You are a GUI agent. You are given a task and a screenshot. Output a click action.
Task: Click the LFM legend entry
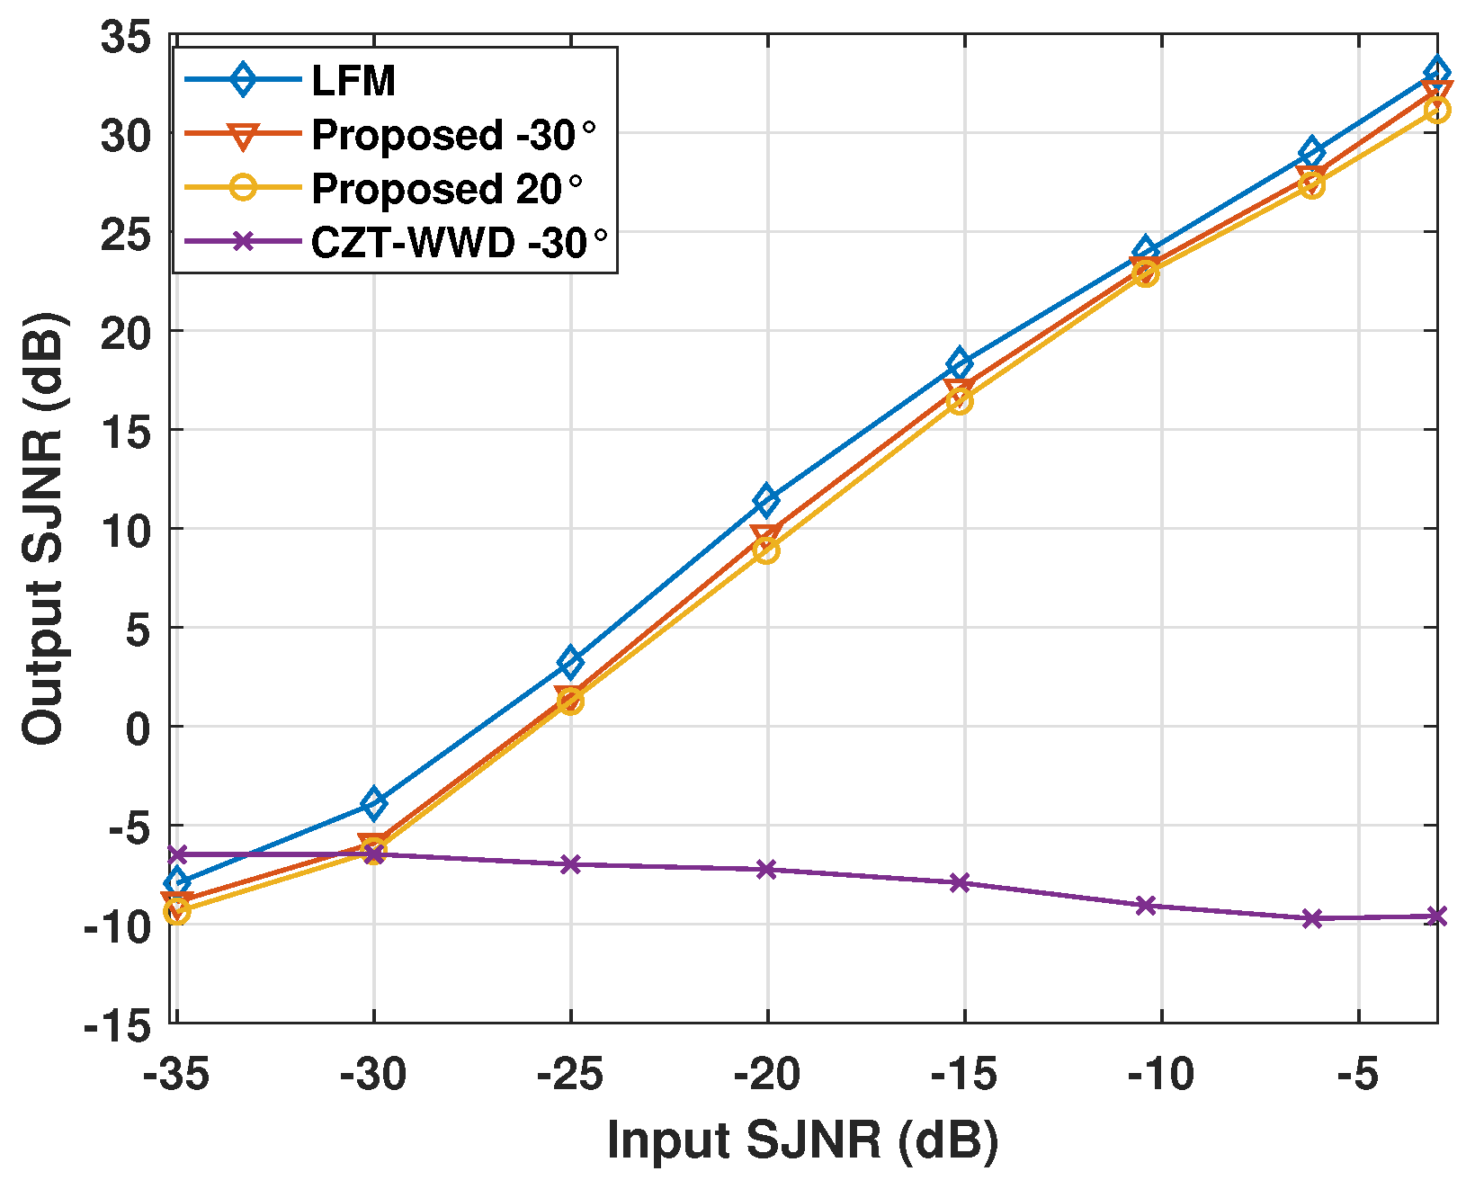(353, 81)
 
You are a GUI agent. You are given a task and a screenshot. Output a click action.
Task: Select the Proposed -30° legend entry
(453, 135)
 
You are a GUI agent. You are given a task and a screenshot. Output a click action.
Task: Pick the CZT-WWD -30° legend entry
(460, 243)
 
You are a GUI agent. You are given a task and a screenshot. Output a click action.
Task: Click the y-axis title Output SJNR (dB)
(43, 528)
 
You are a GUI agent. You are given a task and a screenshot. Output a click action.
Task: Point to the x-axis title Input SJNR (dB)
(802, 1140)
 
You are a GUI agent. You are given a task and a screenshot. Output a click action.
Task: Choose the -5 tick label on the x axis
(1357, 1074)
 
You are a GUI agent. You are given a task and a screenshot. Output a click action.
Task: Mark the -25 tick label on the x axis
(570, 1074)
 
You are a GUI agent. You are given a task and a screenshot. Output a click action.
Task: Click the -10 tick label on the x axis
(1161, 1074)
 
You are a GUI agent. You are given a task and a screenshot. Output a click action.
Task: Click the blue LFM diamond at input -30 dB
(374, 802)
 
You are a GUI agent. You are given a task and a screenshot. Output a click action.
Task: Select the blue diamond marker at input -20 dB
(766, 499)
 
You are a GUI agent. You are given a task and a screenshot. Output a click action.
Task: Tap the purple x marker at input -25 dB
(570, 864)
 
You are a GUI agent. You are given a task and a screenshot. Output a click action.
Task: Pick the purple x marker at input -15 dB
(960, 882)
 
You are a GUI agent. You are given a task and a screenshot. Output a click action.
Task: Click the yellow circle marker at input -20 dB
(766, 550)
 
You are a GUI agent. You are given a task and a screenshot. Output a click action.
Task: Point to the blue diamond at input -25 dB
(570, 662)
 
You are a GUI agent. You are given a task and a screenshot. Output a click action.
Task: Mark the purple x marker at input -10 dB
(1145, 905)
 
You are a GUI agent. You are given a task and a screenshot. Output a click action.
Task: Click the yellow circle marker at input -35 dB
(177, 911)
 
